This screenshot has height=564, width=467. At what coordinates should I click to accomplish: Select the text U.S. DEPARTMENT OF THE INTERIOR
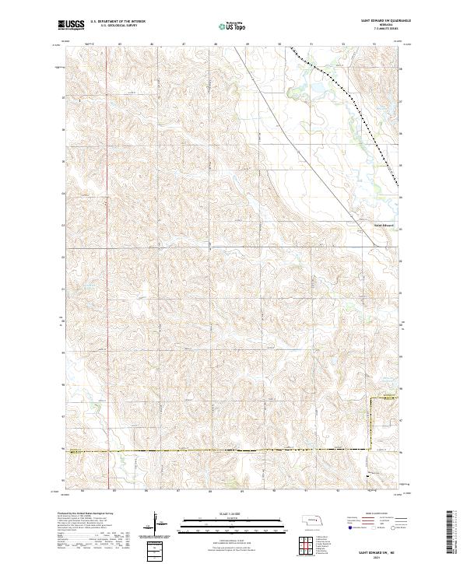pyautogui.click(x=117, y=21)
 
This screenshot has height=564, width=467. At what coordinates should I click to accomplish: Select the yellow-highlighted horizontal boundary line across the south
pyautogui.click(x=218, y=450)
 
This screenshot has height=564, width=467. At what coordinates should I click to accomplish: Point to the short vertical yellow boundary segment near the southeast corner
pyautogui.click(x=370, y=424)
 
